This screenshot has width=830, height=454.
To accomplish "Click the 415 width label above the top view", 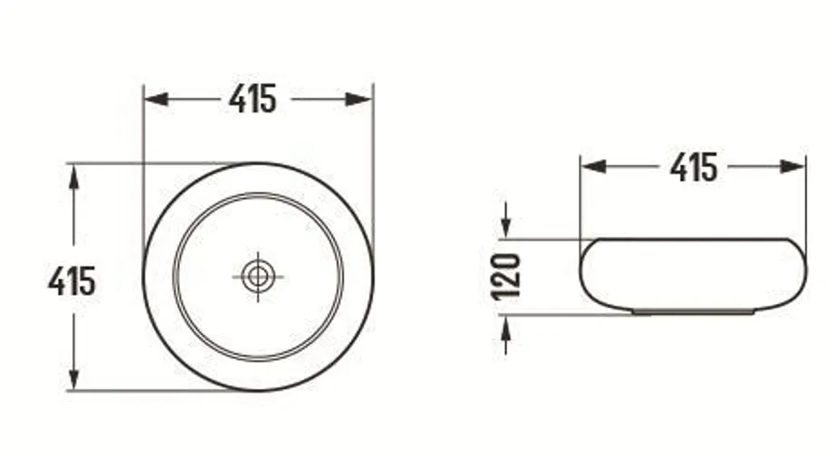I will [252, 99].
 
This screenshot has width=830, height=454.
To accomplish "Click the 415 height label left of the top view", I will [71, 281].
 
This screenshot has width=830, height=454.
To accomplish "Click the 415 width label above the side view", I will [693, 167].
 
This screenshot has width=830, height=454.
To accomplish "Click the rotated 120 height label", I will [507, 276].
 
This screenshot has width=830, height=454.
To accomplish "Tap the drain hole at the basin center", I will [258, 276].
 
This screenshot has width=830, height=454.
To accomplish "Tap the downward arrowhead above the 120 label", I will [506, 229].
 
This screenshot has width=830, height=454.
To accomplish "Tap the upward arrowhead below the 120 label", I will [506, 325].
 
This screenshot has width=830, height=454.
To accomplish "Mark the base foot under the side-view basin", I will [693, 311].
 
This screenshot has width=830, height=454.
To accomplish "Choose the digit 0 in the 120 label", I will [507, 261].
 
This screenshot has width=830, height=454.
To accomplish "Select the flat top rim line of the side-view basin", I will [693, 239].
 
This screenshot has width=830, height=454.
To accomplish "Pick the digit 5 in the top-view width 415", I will [267, 99].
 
